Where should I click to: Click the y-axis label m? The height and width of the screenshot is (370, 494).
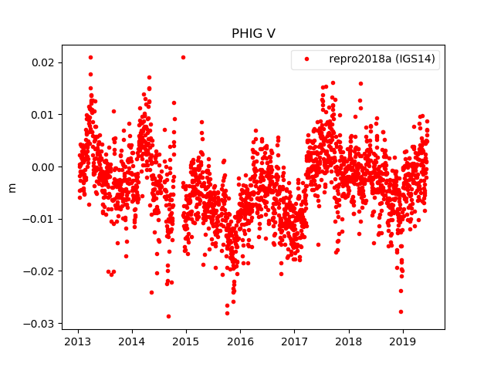(x=12, y=187)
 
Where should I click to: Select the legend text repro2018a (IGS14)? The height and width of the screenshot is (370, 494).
(x=384, y=59)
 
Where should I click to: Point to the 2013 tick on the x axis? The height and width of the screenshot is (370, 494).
(x=78, y=341)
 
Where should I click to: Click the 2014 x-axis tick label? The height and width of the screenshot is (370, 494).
(x=132, y=341)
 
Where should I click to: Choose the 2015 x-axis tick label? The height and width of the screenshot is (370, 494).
(x=186, y=341)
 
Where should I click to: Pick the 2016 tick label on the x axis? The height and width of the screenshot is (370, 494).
(x=240, y=341)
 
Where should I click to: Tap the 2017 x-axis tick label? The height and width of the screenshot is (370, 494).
(x=294, y=341)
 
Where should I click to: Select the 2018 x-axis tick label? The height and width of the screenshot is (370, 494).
(x=349, y=341)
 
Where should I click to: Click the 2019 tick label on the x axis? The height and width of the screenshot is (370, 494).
(x=403, y=341)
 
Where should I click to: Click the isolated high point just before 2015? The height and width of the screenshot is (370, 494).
(x=183, y=57)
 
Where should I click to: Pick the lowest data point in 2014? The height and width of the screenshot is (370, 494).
(x=168, y=316)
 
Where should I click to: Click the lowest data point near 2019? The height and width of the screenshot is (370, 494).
(x=401, y=311)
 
